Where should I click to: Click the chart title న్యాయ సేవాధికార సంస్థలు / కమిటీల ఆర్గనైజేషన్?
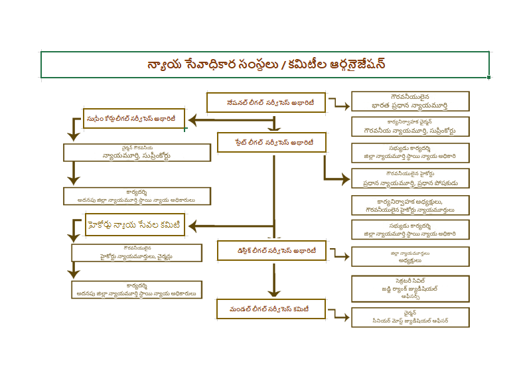pyautogui.click(x=265, y=65)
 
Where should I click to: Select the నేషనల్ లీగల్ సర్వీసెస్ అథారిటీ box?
pyautogui.click(x=266, y=103)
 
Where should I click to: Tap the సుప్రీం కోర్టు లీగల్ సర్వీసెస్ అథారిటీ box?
pyautogui.click(x=133, y=119)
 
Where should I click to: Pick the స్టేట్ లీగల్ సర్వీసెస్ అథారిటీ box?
pyautogui.click(x=271, y=142)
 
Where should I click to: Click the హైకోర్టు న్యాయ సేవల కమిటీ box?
pyautogui.click(x=135, y=224)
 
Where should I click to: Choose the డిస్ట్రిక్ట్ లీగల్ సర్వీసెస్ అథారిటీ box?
pyautogui.click(x=271, y=251)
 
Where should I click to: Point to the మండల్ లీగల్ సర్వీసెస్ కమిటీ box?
pyautogui.click(x=271, y=309)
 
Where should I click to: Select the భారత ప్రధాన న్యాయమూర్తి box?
pyautogui.click(x=409, y=101)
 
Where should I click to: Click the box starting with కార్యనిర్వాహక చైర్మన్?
pyautogui.click(x=409, y=127)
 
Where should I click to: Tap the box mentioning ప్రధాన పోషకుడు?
pyautogui.click(x=409, y=179)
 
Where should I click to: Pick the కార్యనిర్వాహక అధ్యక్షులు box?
pyautogui.click(x=409, y=205)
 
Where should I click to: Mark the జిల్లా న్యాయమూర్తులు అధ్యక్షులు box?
pyautogui.click(x=409, y=256)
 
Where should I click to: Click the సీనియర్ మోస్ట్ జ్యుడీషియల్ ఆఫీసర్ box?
pyautogui.click(x=409, y=317)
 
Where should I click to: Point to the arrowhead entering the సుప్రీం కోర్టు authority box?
pyautogui.click(x=191, y=119)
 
